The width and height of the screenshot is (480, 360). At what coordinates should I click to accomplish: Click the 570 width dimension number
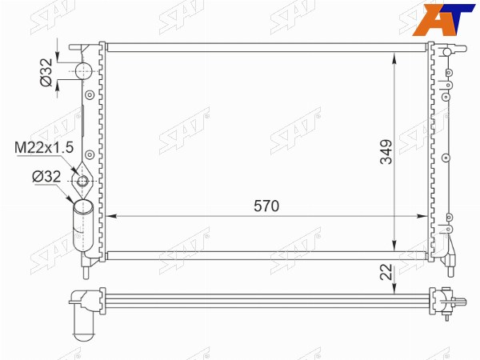pos(266,206)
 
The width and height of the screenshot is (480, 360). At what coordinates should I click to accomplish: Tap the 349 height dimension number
pos(386,152)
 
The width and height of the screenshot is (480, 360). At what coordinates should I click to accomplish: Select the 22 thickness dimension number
pos(386,271)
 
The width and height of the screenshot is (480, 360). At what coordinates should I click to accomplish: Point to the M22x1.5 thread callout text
pos(44,147)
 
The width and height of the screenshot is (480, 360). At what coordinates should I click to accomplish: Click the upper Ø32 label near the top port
pos(46,73)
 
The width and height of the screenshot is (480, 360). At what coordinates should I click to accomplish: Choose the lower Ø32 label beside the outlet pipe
pos(46,177)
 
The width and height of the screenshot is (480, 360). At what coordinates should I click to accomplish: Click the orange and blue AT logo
pos(443,19)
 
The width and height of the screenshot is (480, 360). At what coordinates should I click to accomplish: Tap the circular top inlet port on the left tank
pos(83,71)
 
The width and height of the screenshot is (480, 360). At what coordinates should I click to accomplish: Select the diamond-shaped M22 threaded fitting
pos(82,181)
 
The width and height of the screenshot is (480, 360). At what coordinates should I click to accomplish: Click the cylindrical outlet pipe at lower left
pos(82,226)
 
